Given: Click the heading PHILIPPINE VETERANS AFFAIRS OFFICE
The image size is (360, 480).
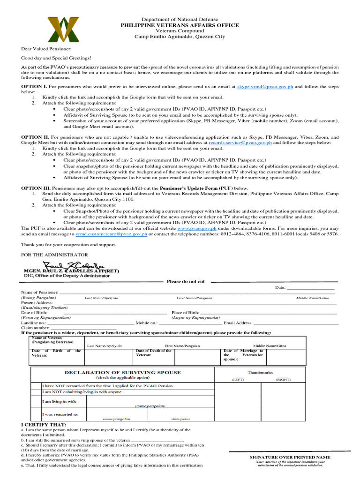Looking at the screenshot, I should click(x=180, y=25).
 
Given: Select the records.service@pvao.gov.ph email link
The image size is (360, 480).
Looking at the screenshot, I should click(x=240, y=142).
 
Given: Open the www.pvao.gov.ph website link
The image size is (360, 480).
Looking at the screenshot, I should click(x=197, y=228).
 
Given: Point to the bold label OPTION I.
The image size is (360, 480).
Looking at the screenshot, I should click(x=34, y=87).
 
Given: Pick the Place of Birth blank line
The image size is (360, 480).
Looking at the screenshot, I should click(x=269, y=312).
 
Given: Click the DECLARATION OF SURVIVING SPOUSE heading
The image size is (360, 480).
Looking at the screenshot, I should click(x=122, y=372).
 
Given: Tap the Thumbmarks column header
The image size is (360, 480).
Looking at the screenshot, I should click(x=260, y=372).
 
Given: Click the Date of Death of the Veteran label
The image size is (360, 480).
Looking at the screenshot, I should click(x=153, y=353).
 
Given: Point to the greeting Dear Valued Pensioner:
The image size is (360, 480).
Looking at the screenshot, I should click(x=46, y=48).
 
